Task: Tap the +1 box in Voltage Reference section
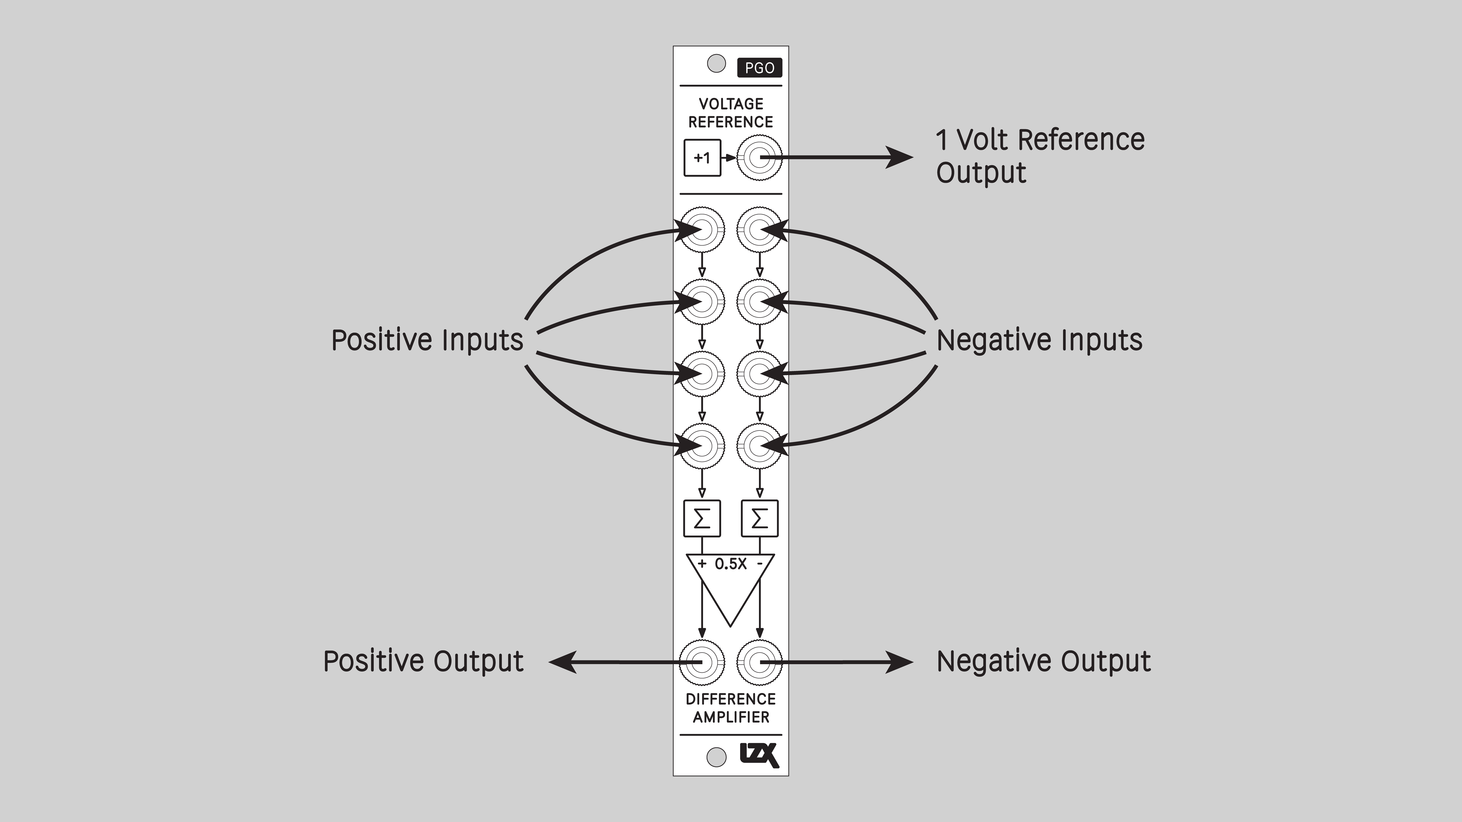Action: point(702,158)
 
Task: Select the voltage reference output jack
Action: point(759,158)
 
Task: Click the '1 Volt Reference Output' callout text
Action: point(1040,156)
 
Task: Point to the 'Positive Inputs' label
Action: point(427,340)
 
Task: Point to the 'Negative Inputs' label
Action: point(1039,340)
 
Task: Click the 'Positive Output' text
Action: point(423,661)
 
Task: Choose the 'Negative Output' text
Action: point(1043,661)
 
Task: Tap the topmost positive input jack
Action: point(702,230)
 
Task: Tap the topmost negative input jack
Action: point(759,230)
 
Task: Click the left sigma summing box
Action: point(702,518)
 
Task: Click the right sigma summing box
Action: point(759,518)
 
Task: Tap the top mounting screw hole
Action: point(716,64)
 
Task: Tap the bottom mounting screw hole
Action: point(716,757)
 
